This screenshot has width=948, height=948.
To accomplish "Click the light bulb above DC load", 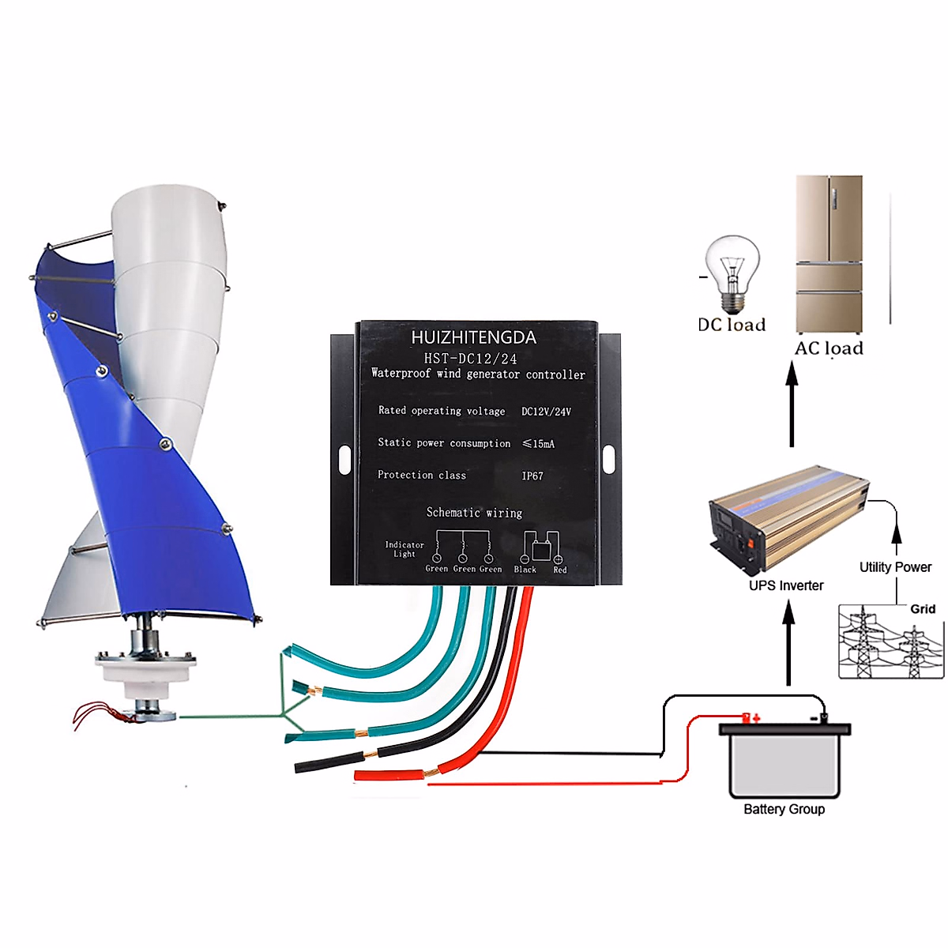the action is click(732, 273).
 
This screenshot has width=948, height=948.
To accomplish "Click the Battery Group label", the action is click(784, 809).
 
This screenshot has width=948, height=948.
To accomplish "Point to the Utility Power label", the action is click(895, 567).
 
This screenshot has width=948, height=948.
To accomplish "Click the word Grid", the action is click(923, 609).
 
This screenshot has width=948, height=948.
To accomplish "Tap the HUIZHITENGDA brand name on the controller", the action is click(473, 337).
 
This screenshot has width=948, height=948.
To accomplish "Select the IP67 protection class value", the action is click(532, 476).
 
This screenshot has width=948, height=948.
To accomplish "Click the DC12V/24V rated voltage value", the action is click(546, 412).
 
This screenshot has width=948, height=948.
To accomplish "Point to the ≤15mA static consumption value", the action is click(539, 444).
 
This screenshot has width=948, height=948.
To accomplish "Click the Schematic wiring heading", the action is click(474, 513).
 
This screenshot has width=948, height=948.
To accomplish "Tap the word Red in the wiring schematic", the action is click(559, 570).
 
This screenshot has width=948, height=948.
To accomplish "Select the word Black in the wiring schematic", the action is click(525, 570).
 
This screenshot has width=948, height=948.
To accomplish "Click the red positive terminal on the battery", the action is click(746, 717).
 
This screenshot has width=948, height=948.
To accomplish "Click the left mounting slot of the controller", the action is click(344, 459).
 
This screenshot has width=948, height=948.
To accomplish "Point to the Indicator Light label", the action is click(404, 549).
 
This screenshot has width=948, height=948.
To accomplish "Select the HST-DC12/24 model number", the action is click(470, 359).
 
